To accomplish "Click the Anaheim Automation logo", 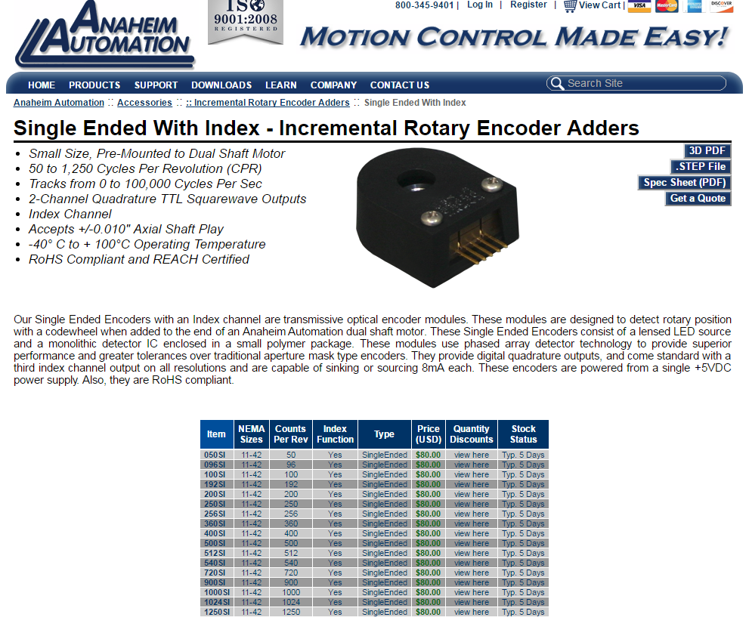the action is click(104, 34).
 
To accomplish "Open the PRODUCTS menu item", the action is click(94, 85).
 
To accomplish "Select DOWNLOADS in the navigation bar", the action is click(221, 85).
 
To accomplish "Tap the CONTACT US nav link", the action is click(399, 85).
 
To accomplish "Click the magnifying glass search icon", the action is click(557, 84).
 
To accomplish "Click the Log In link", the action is click(480, 5).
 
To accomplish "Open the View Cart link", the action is click(593, 5).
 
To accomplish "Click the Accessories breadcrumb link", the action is click(144, 103).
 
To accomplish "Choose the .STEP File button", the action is click(701, 167).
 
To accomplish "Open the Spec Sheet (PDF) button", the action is click(685, 182).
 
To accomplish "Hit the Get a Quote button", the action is click(698, 199).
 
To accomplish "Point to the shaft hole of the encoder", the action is click(416, 181).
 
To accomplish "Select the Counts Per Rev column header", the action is click(290, 434).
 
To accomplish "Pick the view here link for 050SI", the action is click(472, 455).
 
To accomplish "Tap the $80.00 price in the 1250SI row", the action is click(428, 612).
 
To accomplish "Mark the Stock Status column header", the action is click(523, 434).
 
